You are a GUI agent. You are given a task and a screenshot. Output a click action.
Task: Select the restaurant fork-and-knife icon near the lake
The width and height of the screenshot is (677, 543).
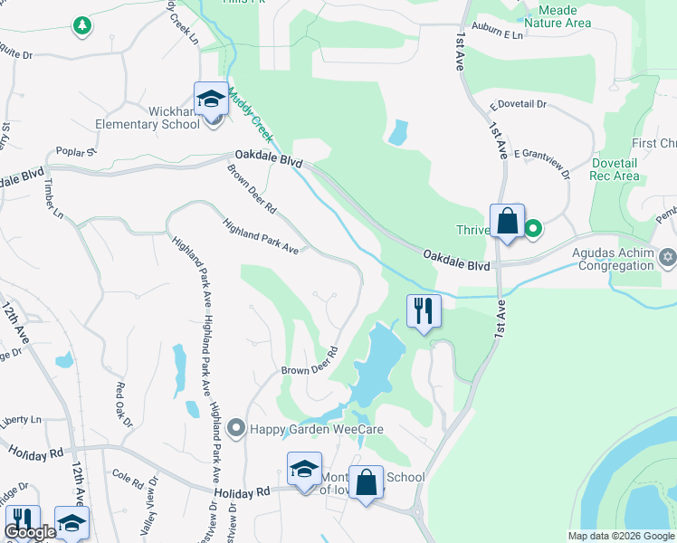[424, 310]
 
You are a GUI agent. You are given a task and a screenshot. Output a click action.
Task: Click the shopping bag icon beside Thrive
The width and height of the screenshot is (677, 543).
[507, 220]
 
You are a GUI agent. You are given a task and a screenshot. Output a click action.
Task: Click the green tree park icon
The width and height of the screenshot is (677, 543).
[82, 25]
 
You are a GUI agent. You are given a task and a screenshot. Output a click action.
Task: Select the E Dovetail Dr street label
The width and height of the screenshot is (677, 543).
[519, 105]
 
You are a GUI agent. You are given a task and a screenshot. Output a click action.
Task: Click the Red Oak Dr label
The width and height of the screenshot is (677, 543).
[124, 405]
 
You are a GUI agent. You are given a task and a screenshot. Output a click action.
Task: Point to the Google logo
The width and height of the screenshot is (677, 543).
[30, 533]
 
